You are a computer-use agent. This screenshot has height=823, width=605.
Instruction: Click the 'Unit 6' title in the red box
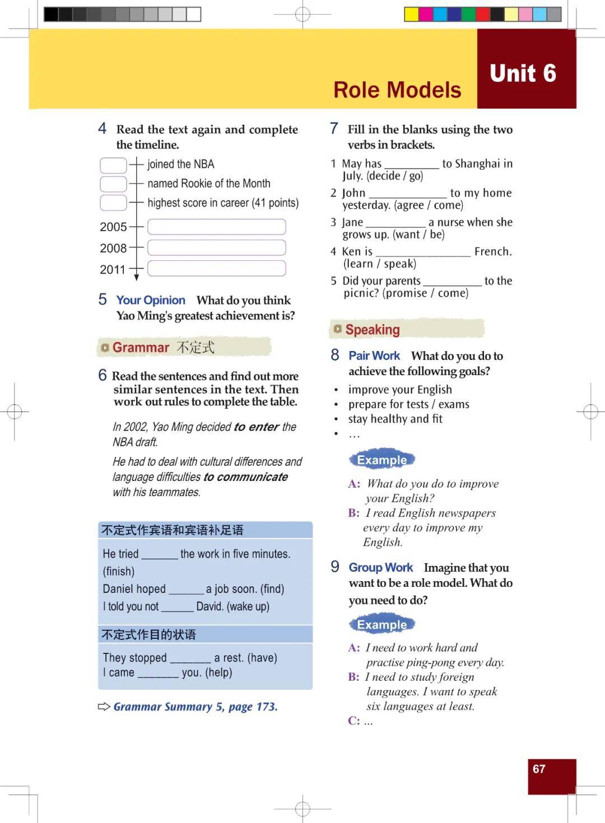(523, 73)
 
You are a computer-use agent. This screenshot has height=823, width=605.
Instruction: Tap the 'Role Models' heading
(397, 90)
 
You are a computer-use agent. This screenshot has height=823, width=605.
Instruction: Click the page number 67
(539, 769)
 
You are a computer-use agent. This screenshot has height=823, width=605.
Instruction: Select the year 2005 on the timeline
(113, 227)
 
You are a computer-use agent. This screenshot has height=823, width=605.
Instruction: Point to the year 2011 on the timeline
(113, 270)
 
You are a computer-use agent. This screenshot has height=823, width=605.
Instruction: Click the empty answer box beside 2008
(216, 247)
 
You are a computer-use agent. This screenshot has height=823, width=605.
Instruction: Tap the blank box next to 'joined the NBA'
(113, 165)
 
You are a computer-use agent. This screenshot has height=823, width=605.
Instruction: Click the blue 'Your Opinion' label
(151, 300)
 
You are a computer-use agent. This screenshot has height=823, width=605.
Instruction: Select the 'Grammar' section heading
(141, 348)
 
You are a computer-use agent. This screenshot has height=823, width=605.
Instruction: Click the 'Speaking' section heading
(373, 330)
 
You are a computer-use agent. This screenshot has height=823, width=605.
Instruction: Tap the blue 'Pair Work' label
(374, 356)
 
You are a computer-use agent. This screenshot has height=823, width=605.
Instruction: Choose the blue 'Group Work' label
(381, 568)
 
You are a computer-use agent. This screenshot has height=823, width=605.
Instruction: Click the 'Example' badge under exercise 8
(382, 460)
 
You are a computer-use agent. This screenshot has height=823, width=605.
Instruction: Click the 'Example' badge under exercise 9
(382, 625)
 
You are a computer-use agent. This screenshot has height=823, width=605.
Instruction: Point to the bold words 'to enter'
(256, 427)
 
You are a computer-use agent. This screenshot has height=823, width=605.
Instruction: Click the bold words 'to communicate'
(245, 477)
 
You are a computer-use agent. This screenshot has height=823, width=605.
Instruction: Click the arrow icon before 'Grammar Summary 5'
(104, 707)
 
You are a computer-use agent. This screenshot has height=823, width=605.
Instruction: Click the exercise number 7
(334, 129)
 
